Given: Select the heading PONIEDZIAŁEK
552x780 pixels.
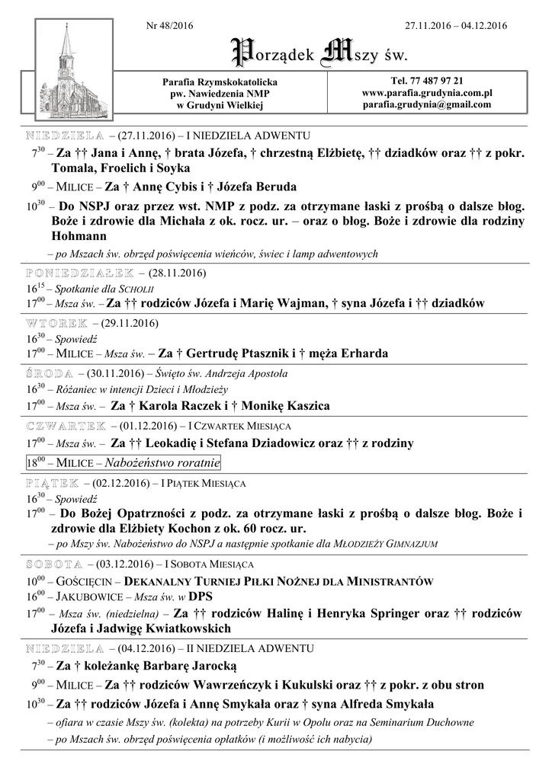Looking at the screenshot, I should pos(80,272).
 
